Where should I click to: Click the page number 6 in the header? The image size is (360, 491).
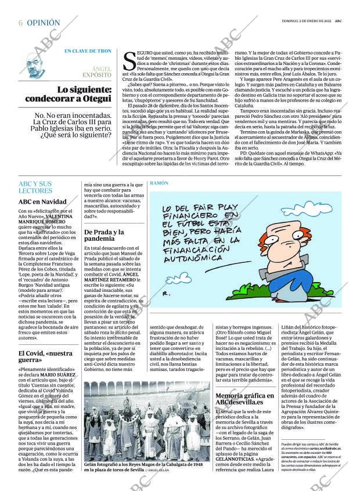pyautogui.click(x=20, y=23)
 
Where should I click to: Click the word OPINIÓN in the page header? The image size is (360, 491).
pyautogui.click(x=44, y=23)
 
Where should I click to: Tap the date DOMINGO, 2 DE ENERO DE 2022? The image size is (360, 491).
pyautogui.click(x=303, y=21)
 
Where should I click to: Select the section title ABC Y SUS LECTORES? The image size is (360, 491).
pyautogui.click(x=35, y=187)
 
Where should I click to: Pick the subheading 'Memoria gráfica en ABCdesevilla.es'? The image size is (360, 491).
pyautogui.click(x=244, y=399)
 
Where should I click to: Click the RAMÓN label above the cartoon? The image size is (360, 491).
pyautogui.click(x=159, y=183)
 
